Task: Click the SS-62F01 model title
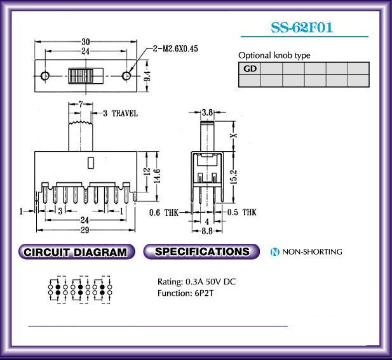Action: (x=302, y=27)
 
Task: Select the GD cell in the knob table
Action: (x=250, y=69)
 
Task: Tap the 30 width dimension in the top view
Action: (x=86, y=41)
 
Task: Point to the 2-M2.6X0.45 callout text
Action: (x=175, y=48)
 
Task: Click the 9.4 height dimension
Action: (x=147, y=76)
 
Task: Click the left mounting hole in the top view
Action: (x=45, y=75)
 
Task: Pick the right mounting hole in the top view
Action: (x=126, y=75)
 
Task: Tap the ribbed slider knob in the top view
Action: (x=81, y=76)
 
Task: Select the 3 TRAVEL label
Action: (x=121, y=114)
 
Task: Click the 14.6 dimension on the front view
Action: (x=158, y=176)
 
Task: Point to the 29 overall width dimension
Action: (x=84, y=230)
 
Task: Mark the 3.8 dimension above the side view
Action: (x=207, y=112)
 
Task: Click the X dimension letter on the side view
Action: (x=234, y=135)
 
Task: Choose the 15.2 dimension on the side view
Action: (x=234, y=177)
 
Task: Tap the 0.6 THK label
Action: (x=164, y=213)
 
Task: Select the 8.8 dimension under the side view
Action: (x=207, y=231)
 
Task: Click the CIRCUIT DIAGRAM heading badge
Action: (x=76, y=251)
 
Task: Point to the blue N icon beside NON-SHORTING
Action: (x=274, y=252)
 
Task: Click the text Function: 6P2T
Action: (x=186, y=293)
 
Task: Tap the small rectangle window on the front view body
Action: (x=91, y=163)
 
